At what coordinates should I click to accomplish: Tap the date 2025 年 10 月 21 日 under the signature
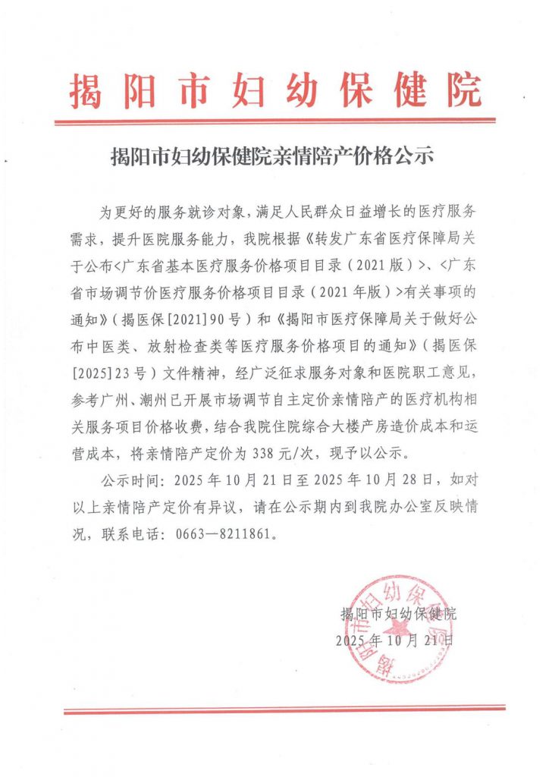[397, 640]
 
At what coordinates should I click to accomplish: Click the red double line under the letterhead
[275, 120]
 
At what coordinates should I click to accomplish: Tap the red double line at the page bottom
[284, 709]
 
